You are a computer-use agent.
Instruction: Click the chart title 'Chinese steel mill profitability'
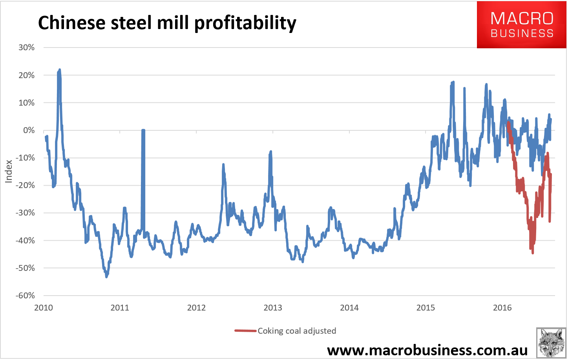click(x=167, y=23)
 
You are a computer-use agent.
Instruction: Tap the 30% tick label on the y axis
click(x=26, y=48)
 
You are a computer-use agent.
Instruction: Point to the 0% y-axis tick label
click(x=29, y=130)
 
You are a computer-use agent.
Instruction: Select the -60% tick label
click(x=25, y=296)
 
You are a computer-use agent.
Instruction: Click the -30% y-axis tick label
click(x=25, y=213)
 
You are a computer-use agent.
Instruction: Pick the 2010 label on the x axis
click(x=44, y=308)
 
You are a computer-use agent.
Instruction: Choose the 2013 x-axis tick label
click(x=273, y=308)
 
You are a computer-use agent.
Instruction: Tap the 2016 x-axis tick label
click(x=502, y=308)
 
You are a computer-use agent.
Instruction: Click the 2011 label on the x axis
click(x=120, y=308)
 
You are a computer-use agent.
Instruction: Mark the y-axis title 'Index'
click(x=9, y=171)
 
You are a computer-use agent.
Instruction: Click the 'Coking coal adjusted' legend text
click(x=297, y=331)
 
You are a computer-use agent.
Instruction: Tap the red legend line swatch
click(x=245, y=331)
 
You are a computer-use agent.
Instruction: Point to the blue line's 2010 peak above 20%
click(x=60, y=70)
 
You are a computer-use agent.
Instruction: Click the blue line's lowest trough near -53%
click(x=106, y=276)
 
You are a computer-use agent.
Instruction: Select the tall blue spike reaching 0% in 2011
click(x=143, y=131)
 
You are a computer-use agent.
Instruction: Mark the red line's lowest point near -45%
click(x=533, y=253)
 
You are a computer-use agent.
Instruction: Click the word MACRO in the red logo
click(x=522, y=18)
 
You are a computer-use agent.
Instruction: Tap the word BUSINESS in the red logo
click(x=522, y=33)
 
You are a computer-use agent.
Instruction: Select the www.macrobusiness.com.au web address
click(x=427, y=350)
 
